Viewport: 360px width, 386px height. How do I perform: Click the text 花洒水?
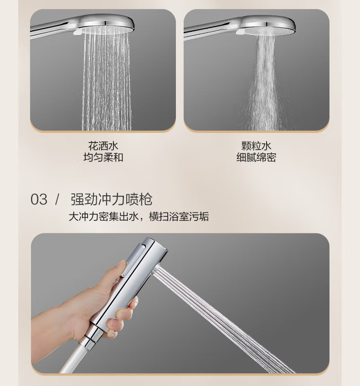pyautogui.click(x=103, y=146)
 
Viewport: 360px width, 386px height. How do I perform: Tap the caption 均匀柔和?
pyautogui.click(x=103, y=157)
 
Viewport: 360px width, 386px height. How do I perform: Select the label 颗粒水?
pyautogui.click(x=256, y=146)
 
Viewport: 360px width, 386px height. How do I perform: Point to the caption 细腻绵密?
pyautogui.click(x=256, y=157)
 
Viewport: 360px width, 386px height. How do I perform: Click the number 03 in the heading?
pyautogui.click(x=39, y=199)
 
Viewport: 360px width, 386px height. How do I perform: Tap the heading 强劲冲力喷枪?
pyautogui.click(x=111, y=199)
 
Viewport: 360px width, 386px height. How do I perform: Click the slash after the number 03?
pyautogui.click(x=57, y=199)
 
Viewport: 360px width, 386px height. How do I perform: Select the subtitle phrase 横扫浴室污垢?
pyautogui.click(x=179, y=217)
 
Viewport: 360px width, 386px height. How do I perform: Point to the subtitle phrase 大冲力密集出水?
pyautogui.click(x=103, y=217)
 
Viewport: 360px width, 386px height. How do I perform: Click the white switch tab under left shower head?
pyautogui.click(x=77, y=32)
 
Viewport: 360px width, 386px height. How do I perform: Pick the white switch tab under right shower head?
pyautogui.click(x=240, y=31)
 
